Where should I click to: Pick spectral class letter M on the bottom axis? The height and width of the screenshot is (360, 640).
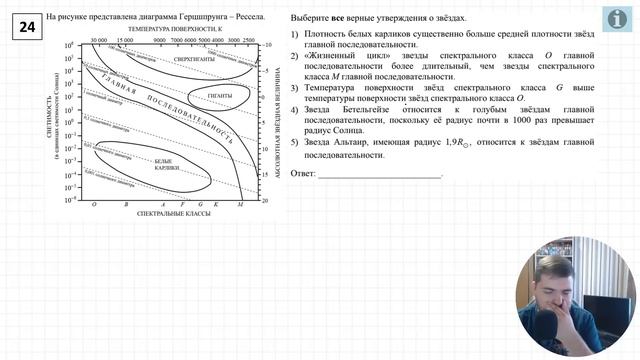tap(241, 204)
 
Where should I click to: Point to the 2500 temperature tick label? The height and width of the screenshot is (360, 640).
tap(249, 41)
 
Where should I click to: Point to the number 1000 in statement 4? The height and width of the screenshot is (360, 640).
tap(450, 130)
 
